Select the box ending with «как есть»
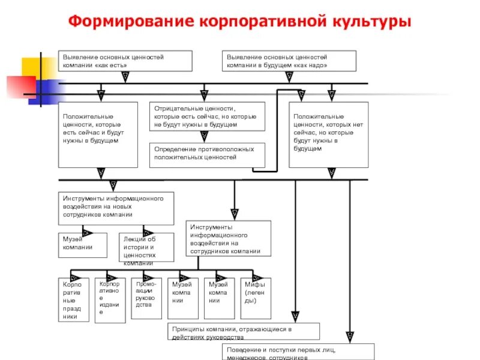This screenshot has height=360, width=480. pos(125,61)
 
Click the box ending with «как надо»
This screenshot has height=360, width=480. pos(289,61)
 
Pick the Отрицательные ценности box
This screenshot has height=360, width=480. pos(206,116)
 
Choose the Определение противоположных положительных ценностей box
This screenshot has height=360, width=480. pos(206,154)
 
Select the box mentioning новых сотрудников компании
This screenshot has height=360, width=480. pos(116,208)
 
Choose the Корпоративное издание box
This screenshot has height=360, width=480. pos(110,300)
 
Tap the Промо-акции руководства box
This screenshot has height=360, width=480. pos(146,298)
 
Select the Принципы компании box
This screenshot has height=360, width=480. pos(242,331)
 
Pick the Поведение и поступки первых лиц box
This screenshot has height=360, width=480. pos(298,352)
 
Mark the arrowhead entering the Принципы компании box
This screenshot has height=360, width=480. pos(295,316)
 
